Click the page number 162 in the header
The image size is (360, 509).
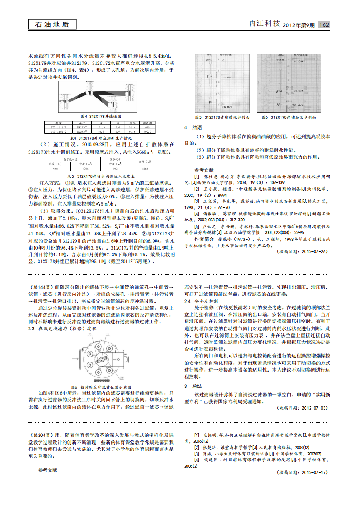pyautogui.click(x=325, y=24)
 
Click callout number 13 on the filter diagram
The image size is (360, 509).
pyautogui.click(x=89, y=333)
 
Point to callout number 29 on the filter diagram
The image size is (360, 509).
pyautogui.click(x=122, y=377)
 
